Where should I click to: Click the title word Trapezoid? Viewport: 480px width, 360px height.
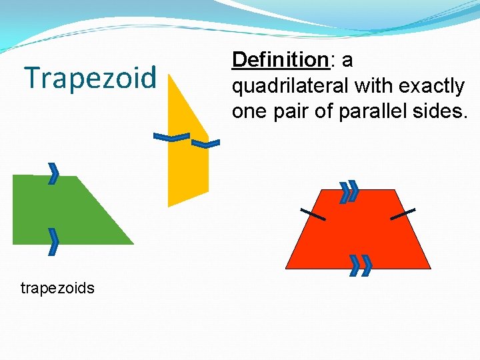pos(90,77)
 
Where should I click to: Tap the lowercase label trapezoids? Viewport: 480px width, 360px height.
pos(57,288)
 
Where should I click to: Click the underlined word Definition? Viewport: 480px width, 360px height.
pos(279,61)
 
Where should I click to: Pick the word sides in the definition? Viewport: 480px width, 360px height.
pos(441,111)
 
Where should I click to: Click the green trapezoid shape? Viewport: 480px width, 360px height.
pos(60,210)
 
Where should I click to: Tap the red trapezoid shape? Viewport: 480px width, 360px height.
pos(359,230)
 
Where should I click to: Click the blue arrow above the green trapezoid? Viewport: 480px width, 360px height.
pos(53,173)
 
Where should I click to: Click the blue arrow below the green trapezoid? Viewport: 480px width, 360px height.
pos(53,241)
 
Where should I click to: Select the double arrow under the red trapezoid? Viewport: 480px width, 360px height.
pos(360,265)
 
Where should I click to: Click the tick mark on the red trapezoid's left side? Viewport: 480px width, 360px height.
pos(313,214)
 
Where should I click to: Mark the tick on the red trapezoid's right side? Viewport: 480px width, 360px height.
pos(403,214)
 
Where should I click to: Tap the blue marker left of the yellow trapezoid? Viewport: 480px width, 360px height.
pos(171,138)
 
